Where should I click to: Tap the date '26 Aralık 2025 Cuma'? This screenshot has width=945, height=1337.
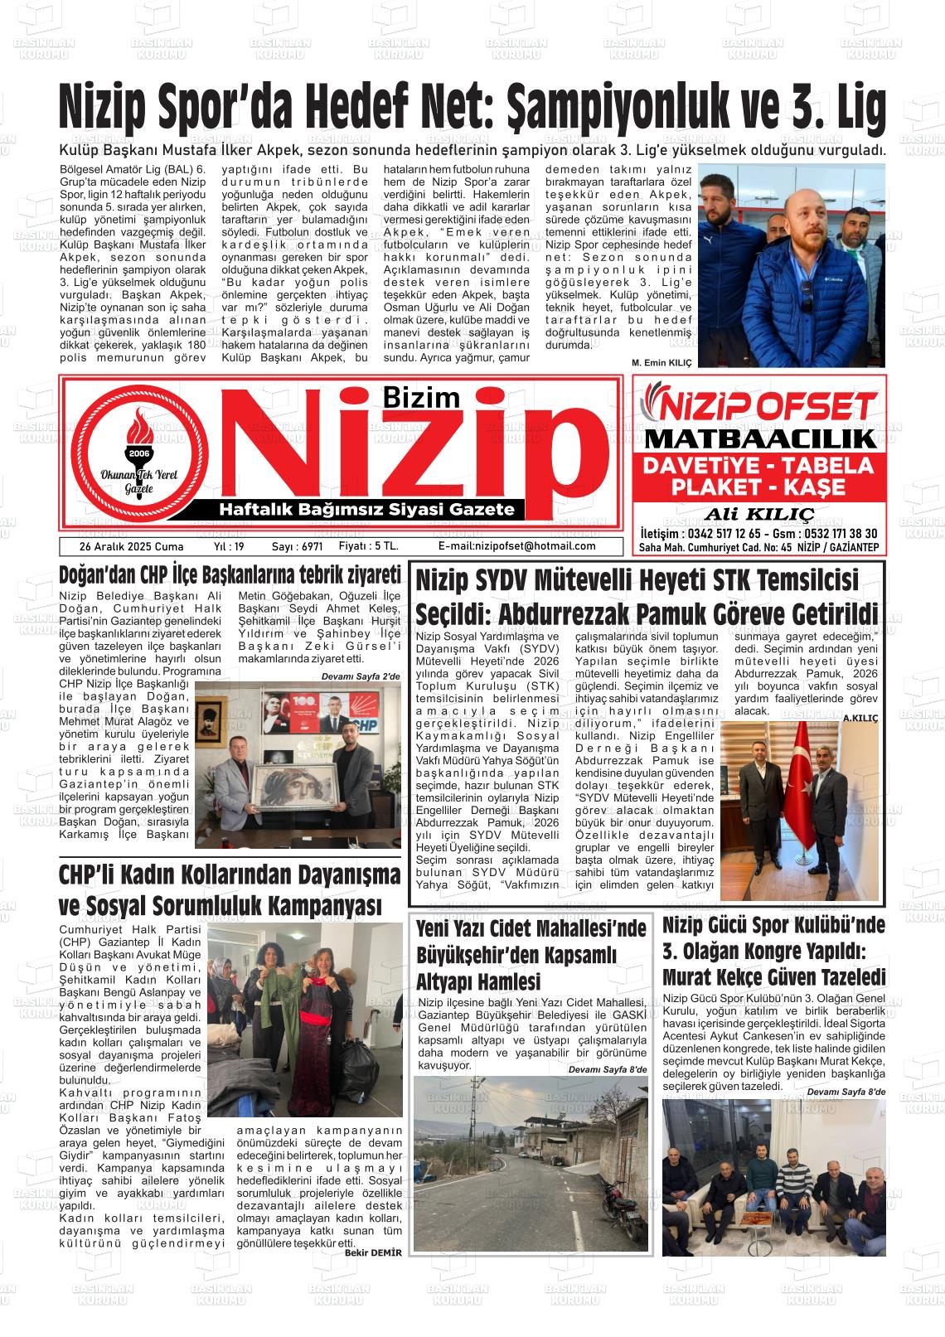point(119,546)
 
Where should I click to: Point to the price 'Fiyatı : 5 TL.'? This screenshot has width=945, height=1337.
point(368,546)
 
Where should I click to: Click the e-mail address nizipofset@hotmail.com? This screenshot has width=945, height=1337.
point(516,546)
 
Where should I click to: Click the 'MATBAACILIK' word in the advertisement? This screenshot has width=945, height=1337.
point(759,439)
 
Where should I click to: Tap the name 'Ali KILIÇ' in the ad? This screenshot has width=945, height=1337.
point(758,512)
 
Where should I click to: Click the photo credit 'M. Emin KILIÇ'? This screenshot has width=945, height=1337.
point(661,363)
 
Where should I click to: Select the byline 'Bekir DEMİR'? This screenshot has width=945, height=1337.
point(373,1252)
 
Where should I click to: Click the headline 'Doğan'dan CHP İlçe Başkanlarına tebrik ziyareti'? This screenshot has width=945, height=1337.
point(230,574)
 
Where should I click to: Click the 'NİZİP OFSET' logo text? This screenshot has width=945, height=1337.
point(759,406)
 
